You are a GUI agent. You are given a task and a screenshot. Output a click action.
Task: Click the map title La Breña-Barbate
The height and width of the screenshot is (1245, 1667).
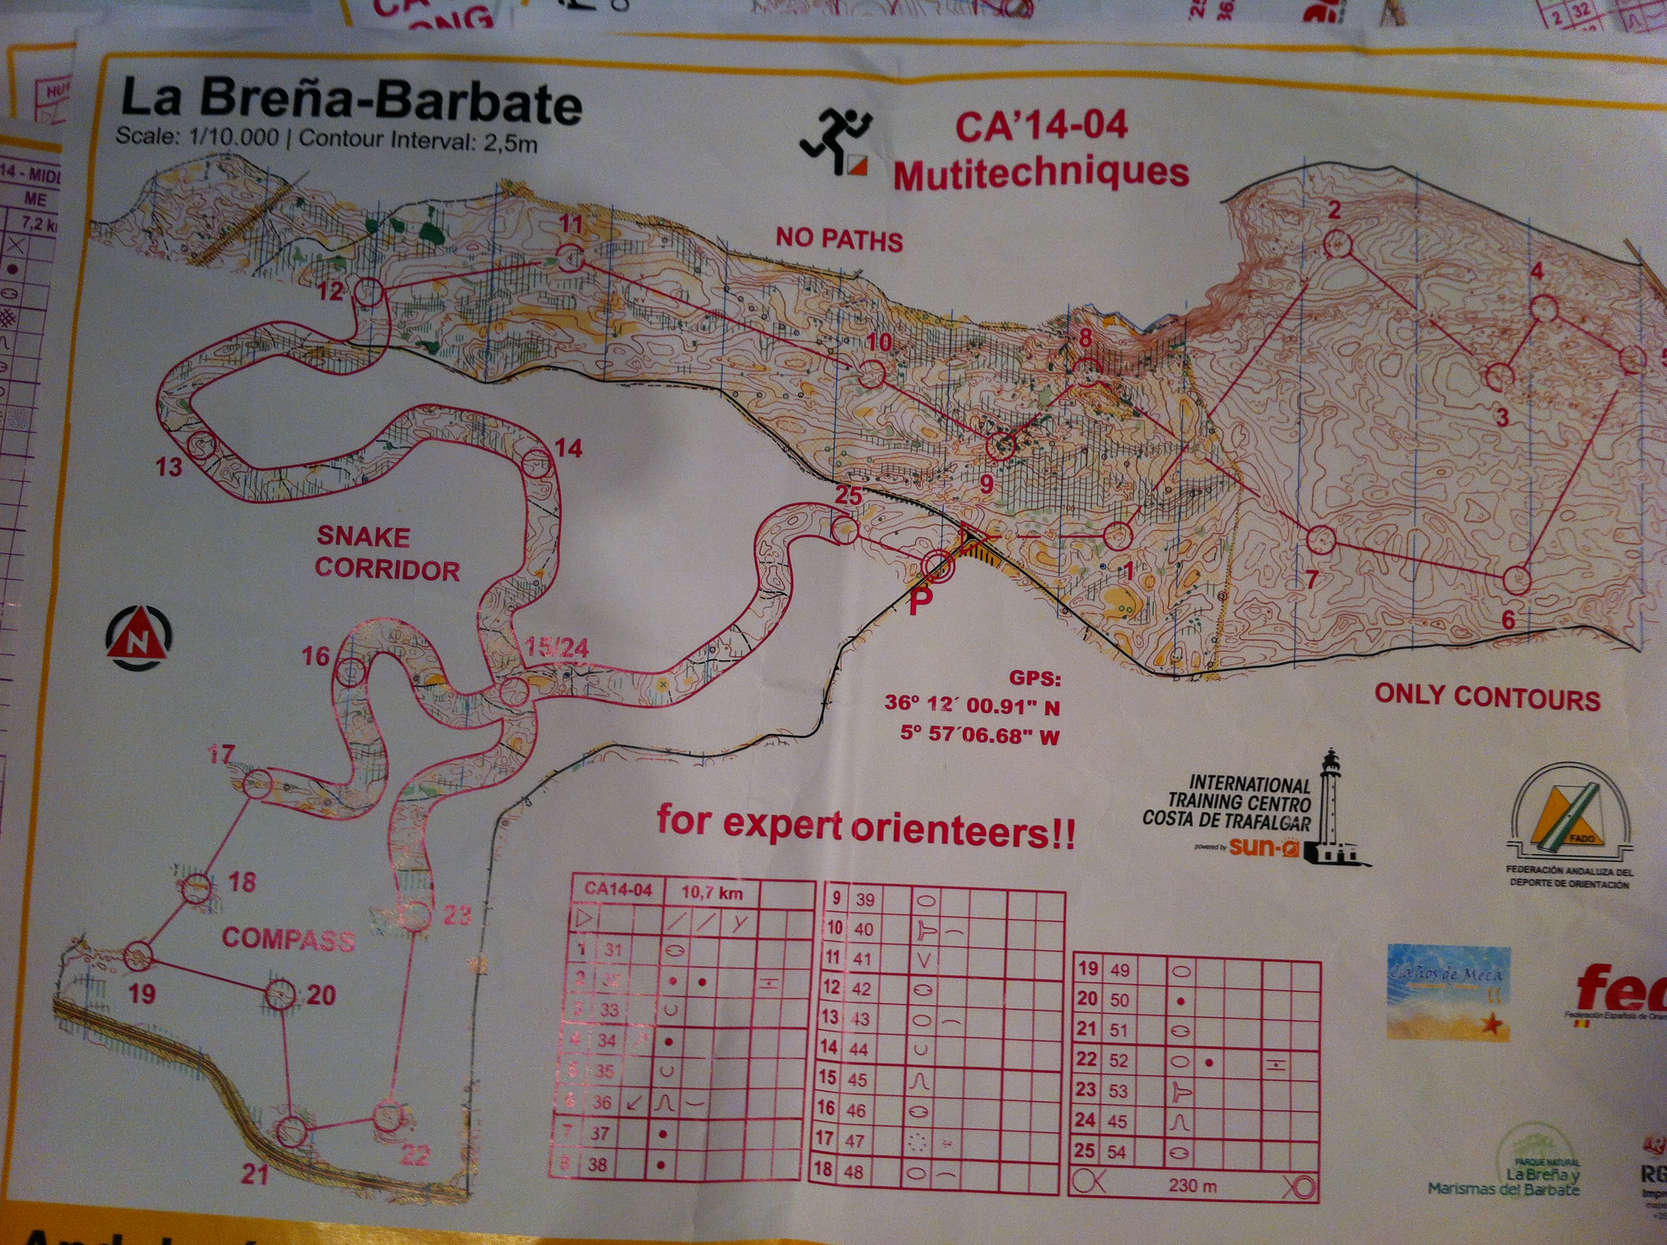pyautogui.click(x=351, y=104)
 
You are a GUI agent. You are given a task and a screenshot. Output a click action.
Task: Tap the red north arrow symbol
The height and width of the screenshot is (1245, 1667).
pyautogui.click(x=139, y=637)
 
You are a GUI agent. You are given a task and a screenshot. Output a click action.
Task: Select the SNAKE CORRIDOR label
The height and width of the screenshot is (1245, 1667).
pyautogui.click(x=387, y=554)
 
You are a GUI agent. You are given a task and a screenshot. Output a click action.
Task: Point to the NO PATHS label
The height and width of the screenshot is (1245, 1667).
pyautogui.click(x=839, y=240)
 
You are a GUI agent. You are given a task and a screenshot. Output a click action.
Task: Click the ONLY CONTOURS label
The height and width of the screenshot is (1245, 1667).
pyautogui.click(x=1487, y=697)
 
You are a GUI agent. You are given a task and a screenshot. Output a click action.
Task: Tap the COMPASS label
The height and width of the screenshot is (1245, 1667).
pyautogui.click(x=289, y=938)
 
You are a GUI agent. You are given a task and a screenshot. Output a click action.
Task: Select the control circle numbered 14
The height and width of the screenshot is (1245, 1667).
pyautogui.click(x=536, y=461)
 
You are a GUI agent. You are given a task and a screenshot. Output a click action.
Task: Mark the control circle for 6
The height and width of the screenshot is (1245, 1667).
pyautogui.click(x=1517, y=579)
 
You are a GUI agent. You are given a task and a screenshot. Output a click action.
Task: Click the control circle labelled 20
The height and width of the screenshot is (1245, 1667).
pyautogui.click(x=280, y=995)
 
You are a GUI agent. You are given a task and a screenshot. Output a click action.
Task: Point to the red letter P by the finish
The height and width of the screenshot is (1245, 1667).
pyautogui.click(x=916, y=601)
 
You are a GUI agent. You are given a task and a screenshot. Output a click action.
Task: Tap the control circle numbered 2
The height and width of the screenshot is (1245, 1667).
pyautogui.click(x=1337, y=244)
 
